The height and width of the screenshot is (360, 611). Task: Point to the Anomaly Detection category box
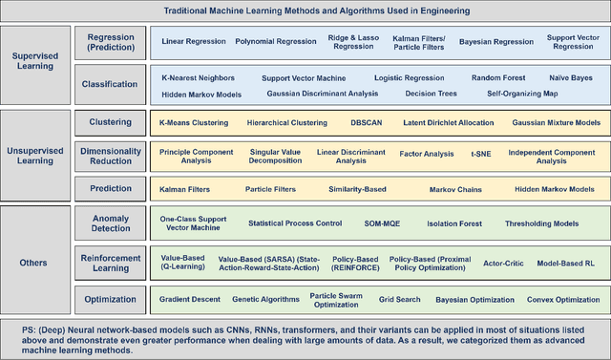click(x=110, y=224)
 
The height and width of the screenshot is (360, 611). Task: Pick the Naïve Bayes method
click(x=570, y=77)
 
